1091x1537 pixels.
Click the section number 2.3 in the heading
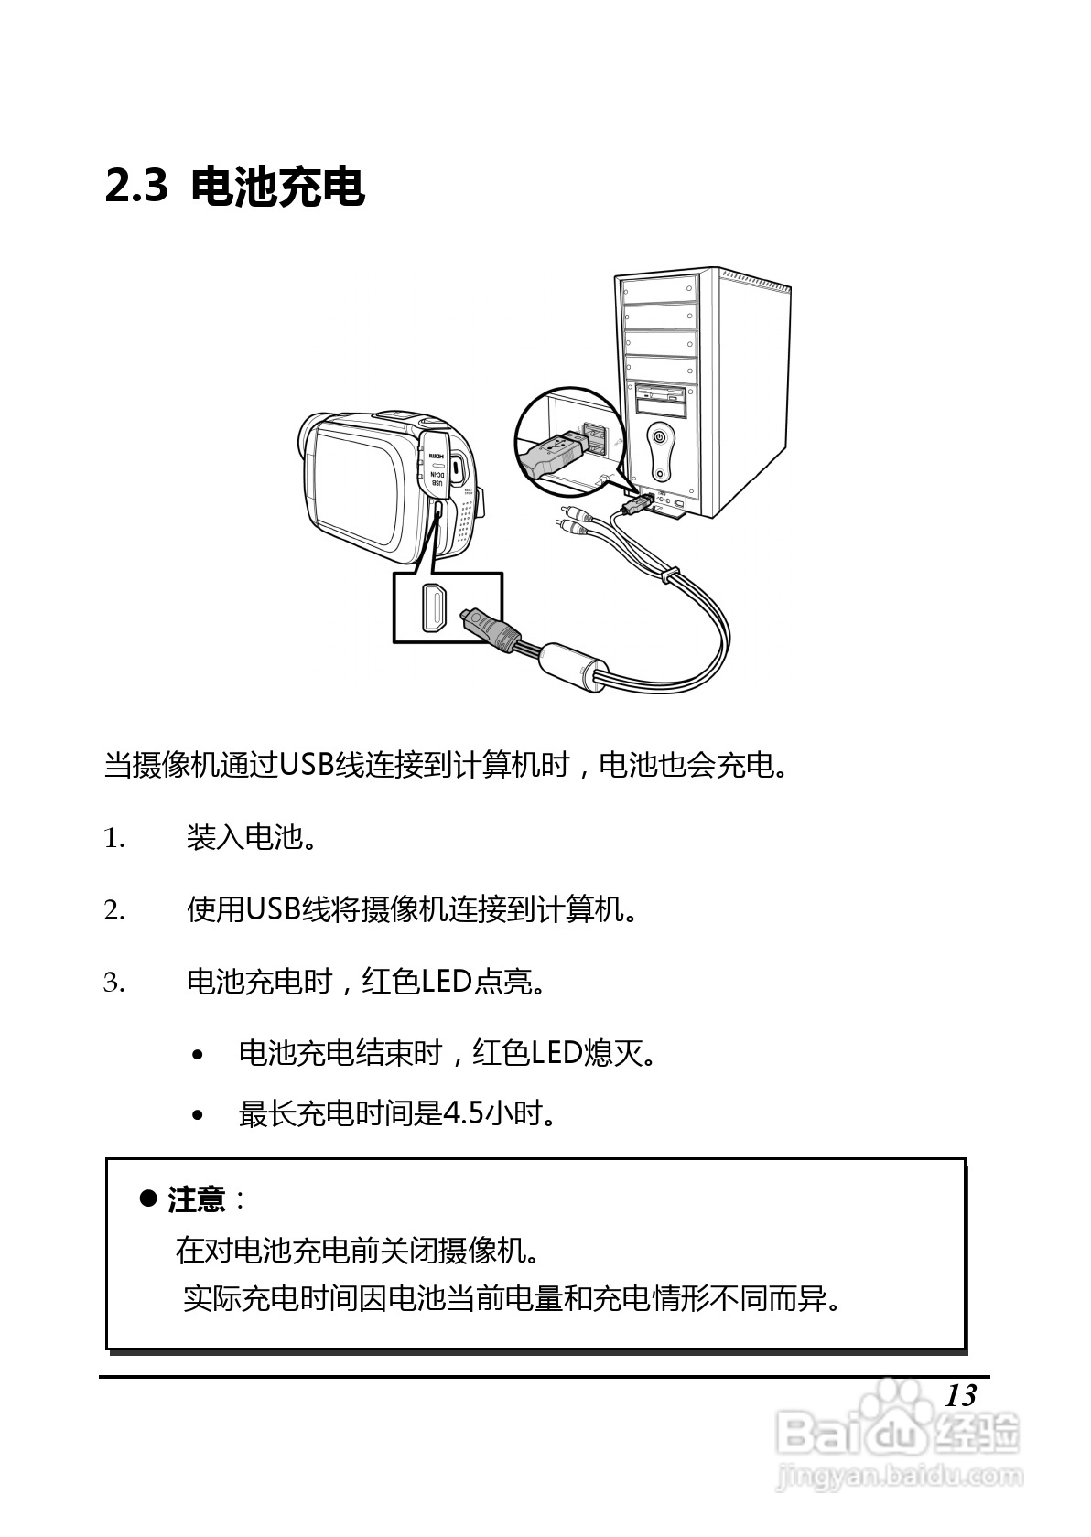(137, 187)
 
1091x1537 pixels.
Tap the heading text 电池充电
(278, 187)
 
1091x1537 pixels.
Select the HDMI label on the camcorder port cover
(437, 455)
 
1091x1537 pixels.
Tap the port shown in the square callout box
(435, 607)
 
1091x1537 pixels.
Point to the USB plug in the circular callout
(553, 454)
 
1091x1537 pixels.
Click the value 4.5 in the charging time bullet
(463, 1113)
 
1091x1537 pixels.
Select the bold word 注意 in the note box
(196, 1199)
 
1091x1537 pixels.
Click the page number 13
(960, 1395)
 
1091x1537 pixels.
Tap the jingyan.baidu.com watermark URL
(897, 1475)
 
